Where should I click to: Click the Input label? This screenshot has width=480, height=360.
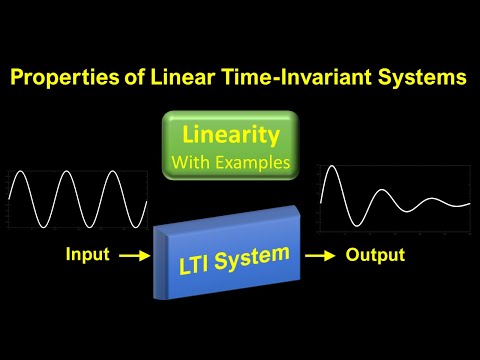tap(88, 255)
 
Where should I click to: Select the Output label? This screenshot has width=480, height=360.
tap(375, 255)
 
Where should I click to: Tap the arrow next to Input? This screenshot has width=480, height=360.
tap(133, 256)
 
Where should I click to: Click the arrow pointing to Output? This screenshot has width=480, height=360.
tap(318, 256)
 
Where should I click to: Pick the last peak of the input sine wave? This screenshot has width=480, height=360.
tap(113, 173)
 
